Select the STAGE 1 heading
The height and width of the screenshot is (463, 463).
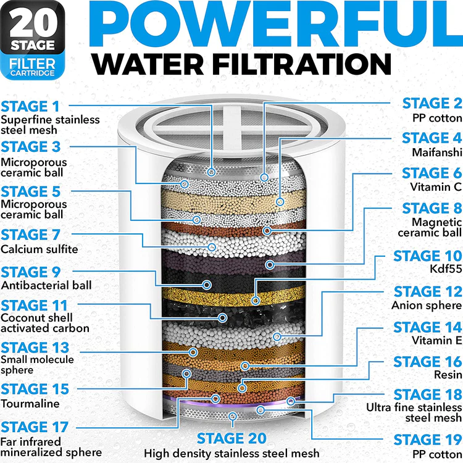click(30, 107)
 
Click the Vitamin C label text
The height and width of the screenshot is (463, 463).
click(436, 187)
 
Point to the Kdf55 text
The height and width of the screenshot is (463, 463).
click(446, 269)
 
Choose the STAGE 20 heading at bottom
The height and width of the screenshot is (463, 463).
click(231, 438)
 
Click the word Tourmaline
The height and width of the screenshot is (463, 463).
click(30, 403)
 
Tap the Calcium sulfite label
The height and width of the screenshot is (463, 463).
click(40, 249)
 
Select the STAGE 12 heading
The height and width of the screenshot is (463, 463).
click(428, 292)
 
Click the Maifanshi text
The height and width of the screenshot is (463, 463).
click(437, 152)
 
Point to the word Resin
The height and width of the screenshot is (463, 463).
click(448, 375)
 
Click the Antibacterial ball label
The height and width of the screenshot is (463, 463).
click(46, 285)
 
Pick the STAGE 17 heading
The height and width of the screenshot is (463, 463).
click(35, 427)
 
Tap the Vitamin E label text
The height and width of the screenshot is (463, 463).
click(436, 340)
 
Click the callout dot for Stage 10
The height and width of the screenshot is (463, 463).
click(255, 301)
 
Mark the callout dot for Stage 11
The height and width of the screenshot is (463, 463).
click(222, 318)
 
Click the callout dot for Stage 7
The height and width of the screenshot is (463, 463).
click(211, 247)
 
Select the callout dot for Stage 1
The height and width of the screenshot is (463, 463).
click(211, 172)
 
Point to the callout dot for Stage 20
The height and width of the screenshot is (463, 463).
click(233, 417)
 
